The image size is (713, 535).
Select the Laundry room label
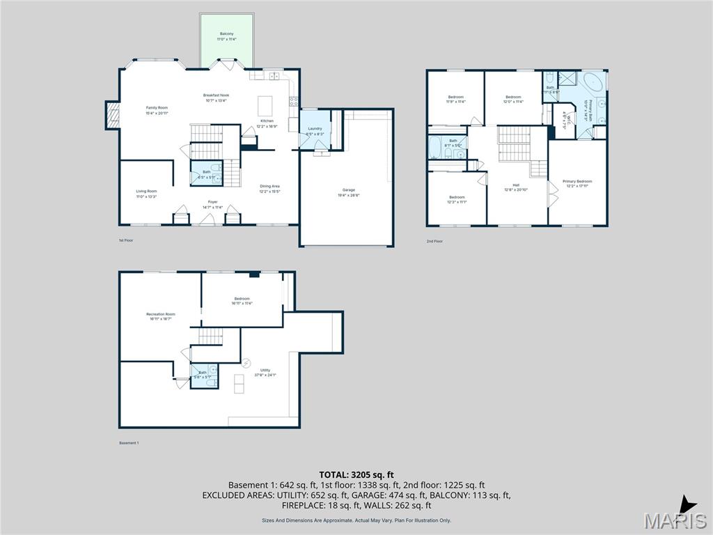[315, 129]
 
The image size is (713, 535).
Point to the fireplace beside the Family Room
[112, 115]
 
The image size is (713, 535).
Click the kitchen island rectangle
[265, 106]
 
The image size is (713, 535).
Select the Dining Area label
[269, 187]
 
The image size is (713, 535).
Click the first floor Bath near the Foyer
[207, 173]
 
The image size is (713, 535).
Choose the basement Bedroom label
[242, 300]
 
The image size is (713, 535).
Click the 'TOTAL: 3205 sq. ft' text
[356, 475]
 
